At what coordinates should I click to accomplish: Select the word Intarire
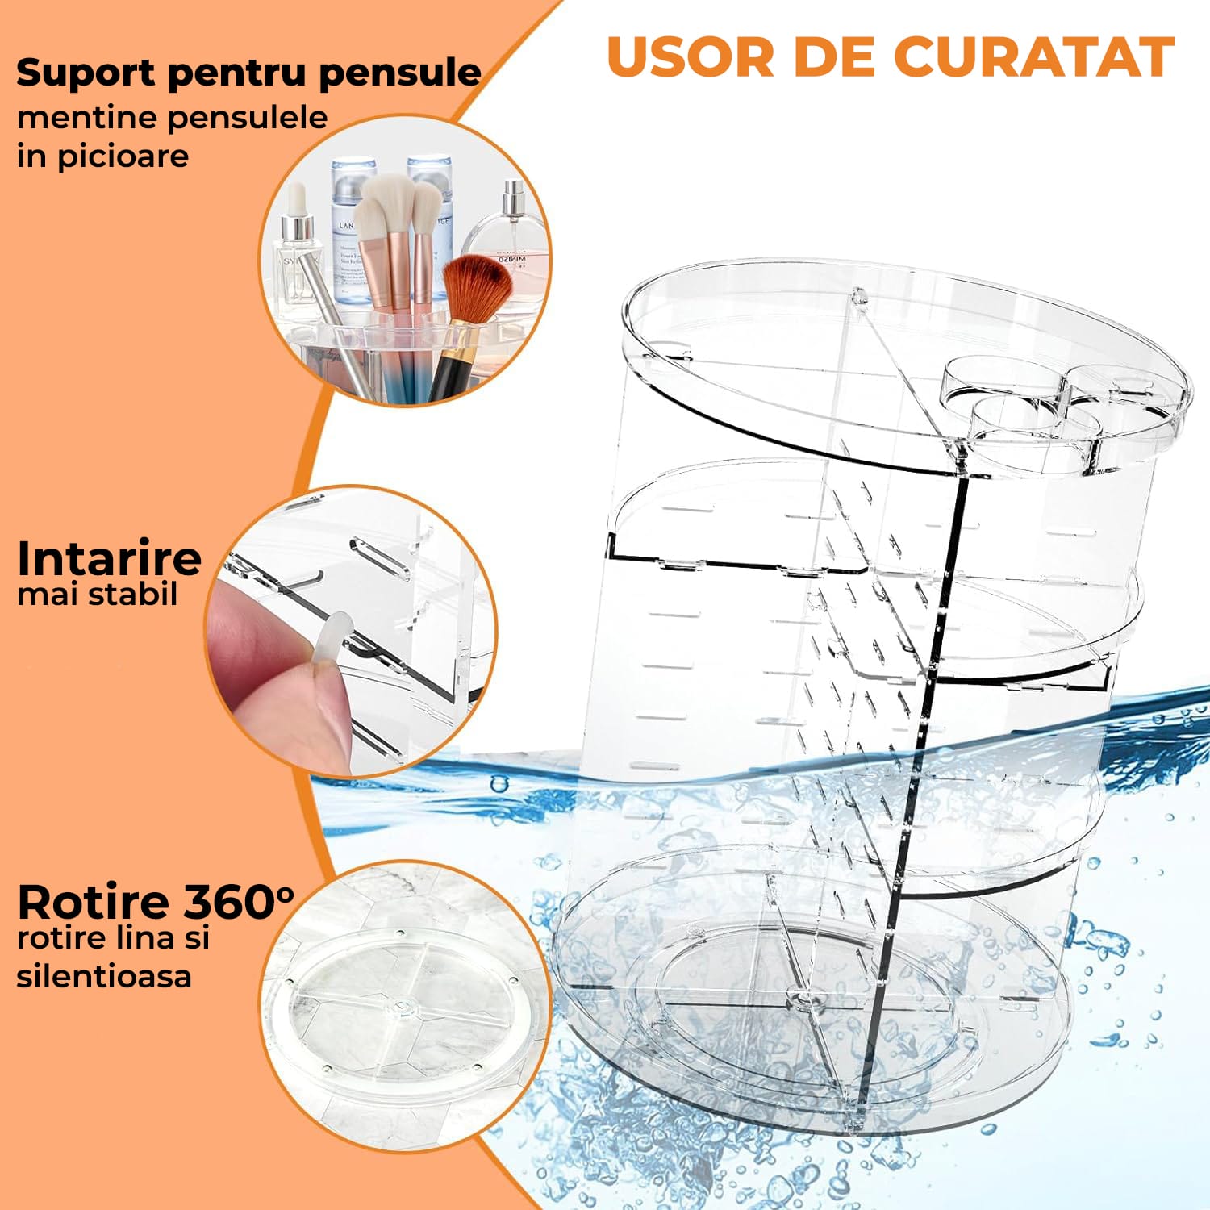coord(109,557)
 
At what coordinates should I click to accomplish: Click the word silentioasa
coord(104,976)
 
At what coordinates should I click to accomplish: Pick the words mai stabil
coord(97,595)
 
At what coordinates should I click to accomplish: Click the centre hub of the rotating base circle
coord(401,1009)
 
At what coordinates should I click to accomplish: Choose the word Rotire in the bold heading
coord(93,901)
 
